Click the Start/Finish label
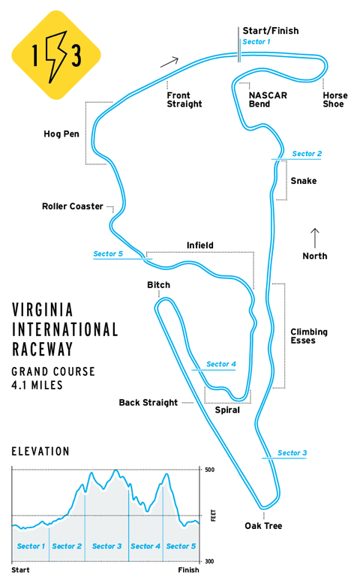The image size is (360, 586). [x=270, y=31]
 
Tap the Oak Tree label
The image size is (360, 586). [x=263, y=526]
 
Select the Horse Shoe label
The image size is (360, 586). [x=335, y=100]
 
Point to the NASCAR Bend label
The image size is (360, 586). [x=268, y=100]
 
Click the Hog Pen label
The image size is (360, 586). [x=61, y=134]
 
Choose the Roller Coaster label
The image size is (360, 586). [x=73, y=206]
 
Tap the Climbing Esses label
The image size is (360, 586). [x=309, y=336]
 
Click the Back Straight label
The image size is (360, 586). [x=148, y=402]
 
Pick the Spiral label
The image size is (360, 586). [x=227, y=410]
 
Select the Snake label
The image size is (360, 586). [x=304, y=181]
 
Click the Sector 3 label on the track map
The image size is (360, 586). [x=292, y=453]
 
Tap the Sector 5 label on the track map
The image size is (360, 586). [x=108, y=254]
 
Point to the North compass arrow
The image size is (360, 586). [x=315, y=238]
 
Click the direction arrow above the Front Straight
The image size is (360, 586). [x=169, y=62]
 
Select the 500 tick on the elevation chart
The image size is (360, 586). [x=209, y=470]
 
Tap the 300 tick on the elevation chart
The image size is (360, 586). [x=209, y=561]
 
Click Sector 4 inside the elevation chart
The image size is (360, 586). [x=145, y=546]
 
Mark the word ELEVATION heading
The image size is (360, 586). [x=40, y=452]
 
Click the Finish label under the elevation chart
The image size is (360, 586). [x=188, y=570]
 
